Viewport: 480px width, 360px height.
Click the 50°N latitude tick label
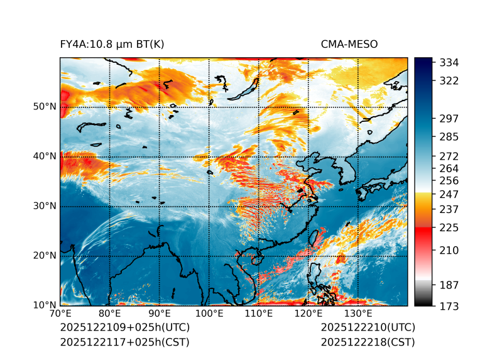point(45,107)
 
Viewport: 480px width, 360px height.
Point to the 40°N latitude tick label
point(45,156)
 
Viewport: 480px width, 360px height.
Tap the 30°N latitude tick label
point(45,206)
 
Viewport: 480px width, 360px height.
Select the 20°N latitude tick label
point(45,256)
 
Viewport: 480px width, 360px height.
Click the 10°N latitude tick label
point(45,305)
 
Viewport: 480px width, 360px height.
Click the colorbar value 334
point(449,63)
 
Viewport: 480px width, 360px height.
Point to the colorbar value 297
point(449,119)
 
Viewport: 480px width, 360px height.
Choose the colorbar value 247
point(449,194)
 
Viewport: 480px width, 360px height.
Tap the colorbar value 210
point(449,251)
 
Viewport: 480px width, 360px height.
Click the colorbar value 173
point(449,306)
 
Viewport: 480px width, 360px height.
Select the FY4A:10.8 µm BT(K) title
point(112,45)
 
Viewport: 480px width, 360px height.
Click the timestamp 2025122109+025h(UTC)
point(124,328)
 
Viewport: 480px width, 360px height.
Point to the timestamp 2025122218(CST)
point(368,342)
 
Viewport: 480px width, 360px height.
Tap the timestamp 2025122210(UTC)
point(368,328)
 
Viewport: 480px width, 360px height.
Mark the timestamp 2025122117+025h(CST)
point(124,342)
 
